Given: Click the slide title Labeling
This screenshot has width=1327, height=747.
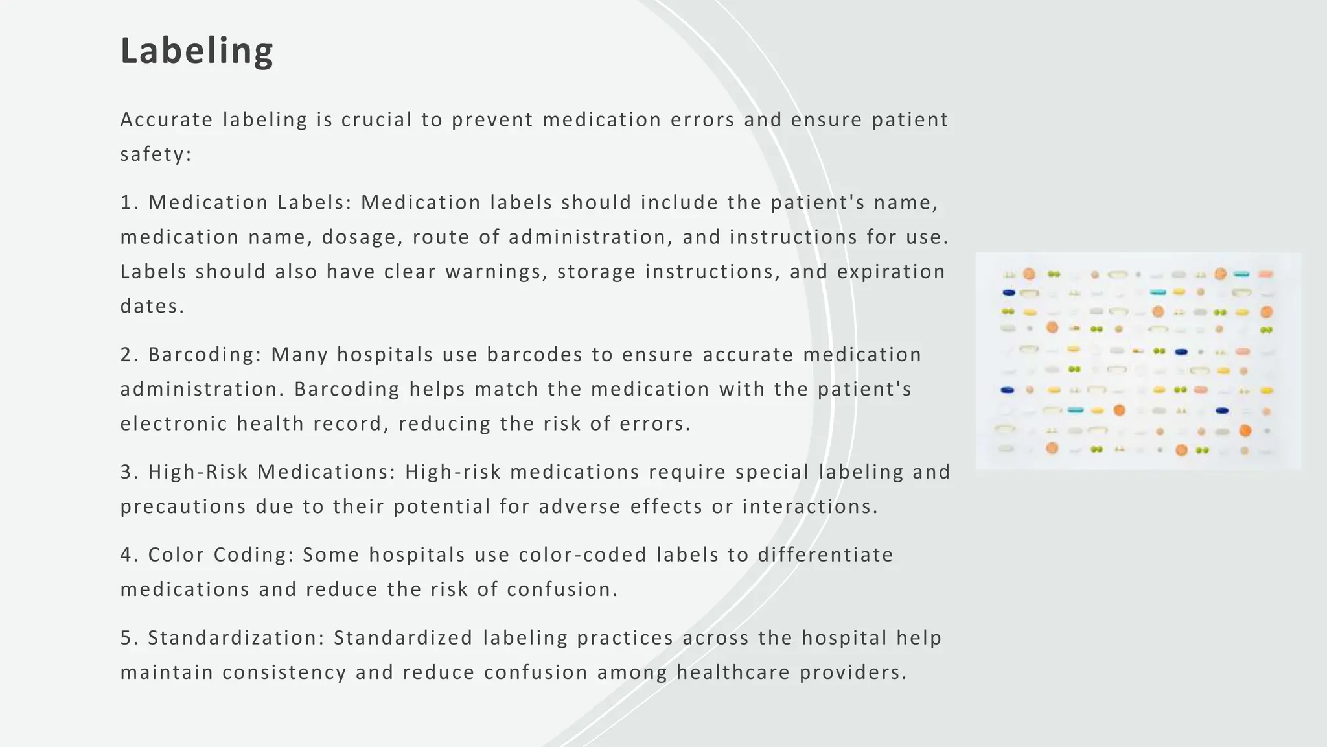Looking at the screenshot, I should point(197,51).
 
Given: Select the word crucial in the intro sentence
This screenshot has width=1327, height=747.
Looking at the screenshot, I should point(376,120).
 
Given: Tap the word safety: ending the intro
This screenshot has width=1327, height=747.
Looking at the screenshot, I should point(156,154).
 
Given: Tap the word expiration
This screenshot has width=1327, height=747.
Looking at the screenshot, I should point(891,272).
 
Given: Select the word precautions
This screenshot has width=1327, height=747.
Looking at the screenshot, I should point(183,506).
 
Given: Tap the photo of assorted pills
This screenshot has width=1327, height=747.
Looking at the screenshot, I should point(1138,361).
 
